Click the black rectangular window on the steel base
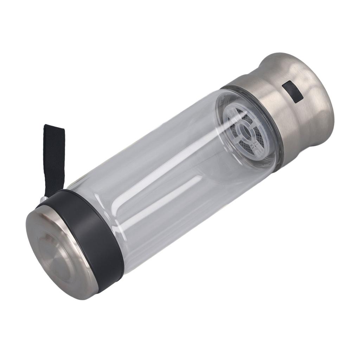(292, 91)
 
